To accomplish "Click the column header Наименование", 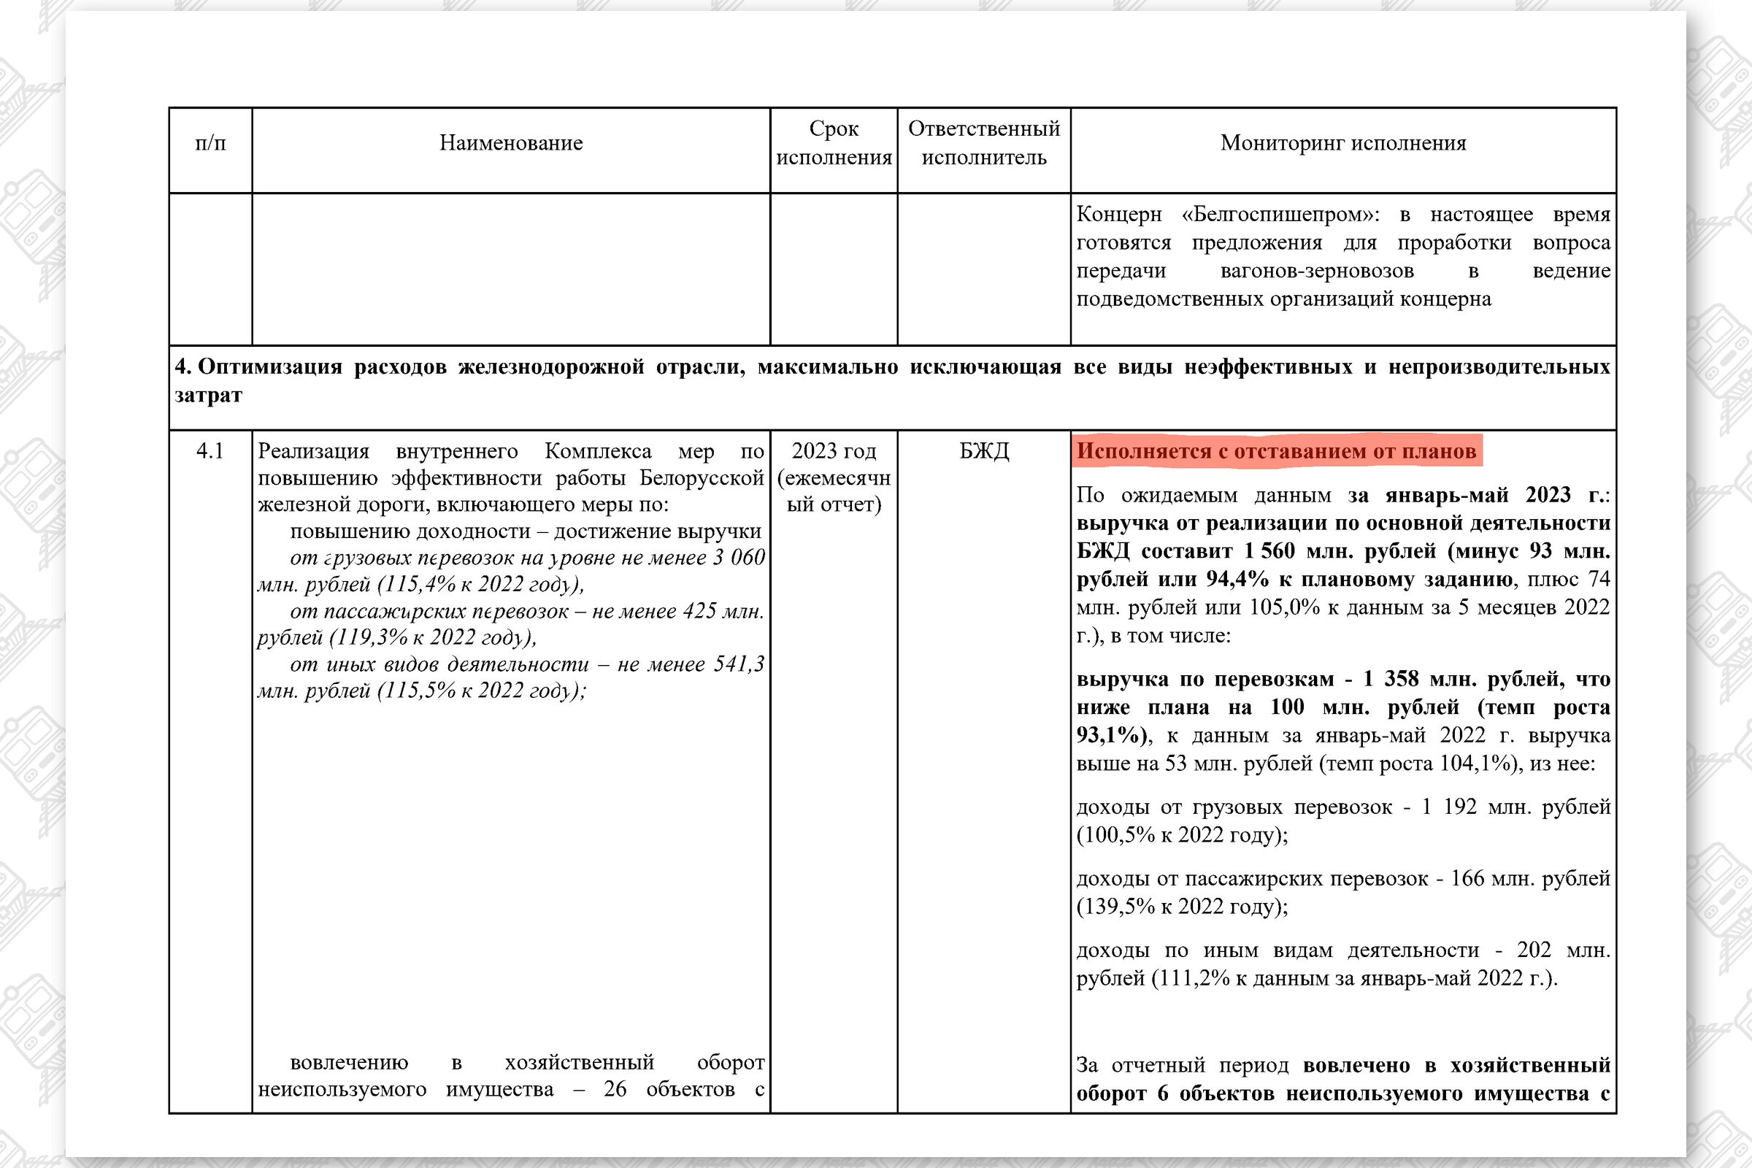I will [x=510, y=143].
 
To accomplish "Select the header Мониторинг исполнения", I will [x=1342, y=143].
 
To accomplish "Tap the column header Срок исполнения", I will [x=834, y=143].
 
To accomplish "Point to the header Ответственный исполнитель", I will [x=983, y=143].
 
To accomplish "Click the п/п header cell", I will [x=210, y=143].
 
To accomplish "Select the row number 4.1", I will [x=210, y=451].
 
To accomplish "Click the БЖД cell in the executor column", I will [x=983, y=451].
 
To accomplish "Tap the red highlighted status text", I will [x=1276, y=451].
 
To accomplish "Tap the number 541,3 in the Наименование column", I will [x=738, y=664].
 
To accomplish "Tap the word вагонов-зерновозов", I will [x=1316, y=271].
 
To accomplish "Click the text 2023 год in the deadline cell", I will [x=834, y=451].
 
